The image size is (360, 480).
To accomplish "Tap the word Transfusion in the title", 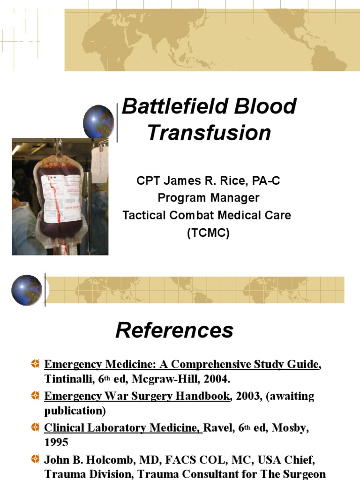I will [209, 133].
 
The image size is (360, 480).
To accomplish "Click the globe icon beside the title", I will [98, 121].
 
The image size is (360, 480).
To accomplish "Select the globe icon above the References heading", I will [27, 290].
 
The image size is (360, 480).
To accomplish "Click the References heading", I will [174, 330].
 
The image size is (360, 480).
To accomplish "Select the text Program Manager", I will [208, 198].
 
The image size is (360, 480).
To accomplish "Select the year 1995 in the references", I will [56, 442].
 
